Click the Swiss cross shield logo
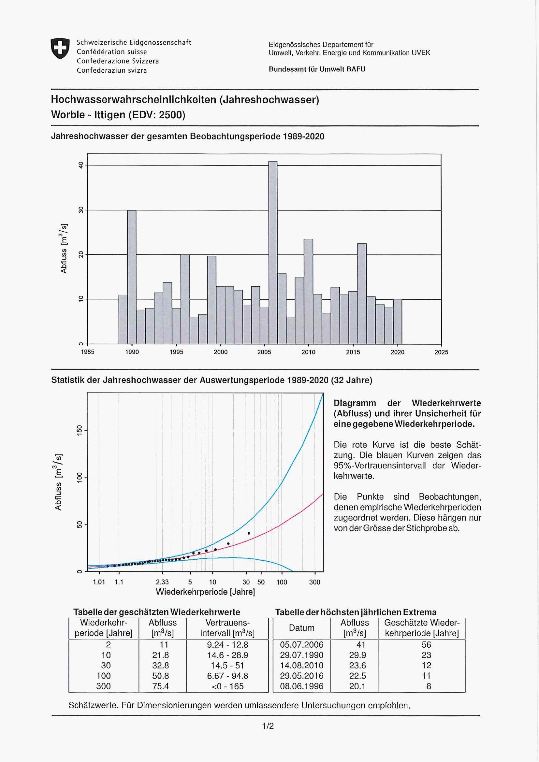coord(60,49)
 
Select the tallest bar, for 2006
coord(273,252)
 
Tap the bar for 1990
coord(132,277)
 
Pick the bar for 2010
coord(308,291)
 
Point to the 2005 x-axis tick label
coord(264,352)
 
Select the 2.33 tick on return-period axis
coord(162,582)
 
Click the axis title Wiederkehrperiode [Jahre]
coord(205,592)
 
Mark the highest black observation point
coord(249,534)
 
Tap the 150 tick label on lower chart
coord(79,431)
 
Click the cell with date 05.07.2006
coord(301,644)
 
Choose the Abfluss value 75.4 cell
coord(161,686)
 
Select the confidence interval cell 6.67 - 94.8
coord(227,675)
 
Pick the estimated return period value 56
coord(426,644)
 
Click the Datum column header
coord(301,627)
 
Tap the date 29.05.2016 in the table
coord(301,675)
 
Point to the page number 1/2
coord(268,726)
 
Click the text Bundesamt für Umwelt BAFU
coord(317,69)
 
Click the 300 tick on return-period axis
coord(315,582)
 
